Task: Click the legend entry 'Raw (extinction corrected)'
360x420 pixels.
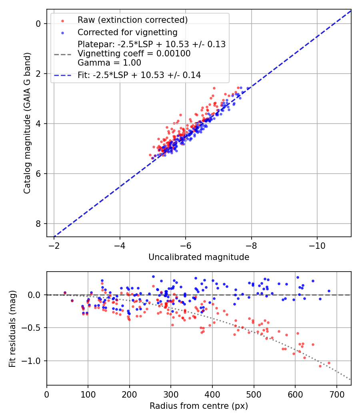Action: tap(132, 20)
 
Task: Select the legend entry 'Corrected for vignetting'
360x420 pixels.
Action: tap(127, 32)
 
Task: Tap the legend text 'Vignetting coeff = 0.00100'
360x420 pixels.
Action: tap(134, 53)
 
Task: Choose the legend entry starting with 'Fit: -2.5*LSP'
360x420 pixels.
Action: tap(139, 75)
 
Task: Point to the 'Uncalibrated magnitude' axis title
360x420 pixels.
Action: tap(199, 257)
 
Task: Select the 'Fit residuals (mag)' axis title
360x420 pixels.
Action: tap(12, 328)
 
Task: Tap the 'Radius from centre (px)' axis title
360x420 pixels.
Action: tap(199, 406)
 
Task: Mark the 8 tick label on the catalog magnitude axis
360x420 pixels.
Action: tap(38, 224)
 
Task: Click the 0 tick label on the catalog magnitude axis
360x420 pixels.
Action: tap(38, 24)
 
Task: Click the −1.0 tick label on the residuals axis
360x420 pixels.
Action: tap(32, 361)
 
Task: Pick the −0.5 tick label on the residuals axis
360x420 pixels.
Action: tap(32, 328)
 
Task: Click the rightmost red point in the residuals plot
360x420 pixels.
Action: tap(329, 363)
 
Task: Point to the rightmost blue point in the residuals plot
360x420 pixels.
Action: tap(329, 291)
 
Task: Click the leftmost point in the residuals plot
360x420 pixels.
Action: tap(65, 293)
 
